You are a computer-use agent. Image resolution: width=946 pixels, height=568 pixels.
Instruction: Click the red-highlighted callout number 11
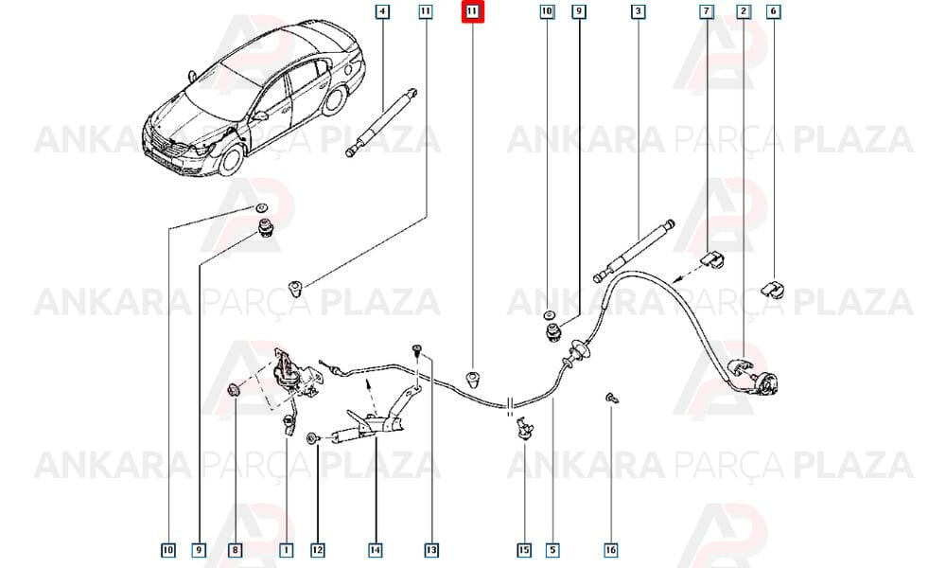pyautogui.click(x=472, y=11)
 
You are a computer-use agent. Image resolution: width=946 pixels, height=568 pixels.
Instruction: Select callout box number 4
pyautogui.click(x=382, y=11)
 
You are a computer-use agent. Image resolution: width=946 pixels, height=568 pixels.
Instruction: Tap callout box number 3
pyautogui.click(x=638, y=11)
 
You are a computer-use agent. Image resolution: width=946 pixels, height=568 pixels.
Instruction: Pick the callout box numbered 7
pyautogui.click(x=706, y=11)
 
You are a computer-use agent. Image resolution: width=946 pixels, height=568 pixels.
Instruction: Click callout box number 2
pyautogui.click(x=744, y=11)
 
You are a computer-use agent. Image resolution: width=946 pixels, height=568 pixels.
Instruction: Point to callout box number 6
pyautogui.click(x=774, y=11)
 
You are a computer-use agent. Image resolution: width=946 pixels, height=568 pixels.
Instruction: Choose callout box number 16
pyautogui.click(x=610, y=550)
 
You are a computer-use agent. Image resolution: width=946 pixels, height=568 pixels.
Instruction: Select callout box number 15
pyautogui.click(x=524, y=550)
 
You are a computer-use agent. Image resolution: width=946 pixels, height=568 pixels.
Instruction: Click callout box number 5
pyautogui.click(x=552, y=550)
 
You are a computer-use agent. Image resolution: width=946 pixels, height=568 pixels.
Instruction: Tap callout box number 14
pyautogui.click(x=376, y=550)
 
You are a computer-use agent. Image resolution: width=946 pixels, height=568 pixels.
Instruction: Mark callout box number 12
pyautogui.click(x=317, y=550)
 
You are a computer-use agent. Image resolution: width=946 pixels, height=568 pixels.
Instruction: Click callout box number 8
pyautogui.click(x=235, y=550)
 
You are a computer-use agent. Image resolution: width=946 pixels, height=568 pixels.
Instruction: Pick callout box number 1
pyautogui.click(x=286, y=550)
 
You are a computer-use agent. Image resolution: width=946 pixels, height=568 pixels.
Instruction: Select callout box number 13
pyautogui.click(x=431, y=550)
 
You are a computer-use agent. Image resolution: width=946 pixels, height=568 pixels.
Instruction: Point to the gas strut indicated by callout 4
pyautogui.click(x=381, y=122)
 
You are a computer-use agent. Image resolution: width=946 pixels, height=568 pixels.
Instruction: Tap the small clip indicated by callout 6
pyautogui.click(x=773, y=288)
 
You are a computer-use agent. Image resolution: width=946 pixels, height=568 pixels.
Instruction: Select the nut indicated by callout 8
pyautogui.click(x=234, y=391)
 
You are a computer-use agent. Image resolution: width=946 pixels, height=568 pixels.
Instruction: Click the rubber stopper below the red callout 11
pyautogui.click(x=473, y=381)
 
